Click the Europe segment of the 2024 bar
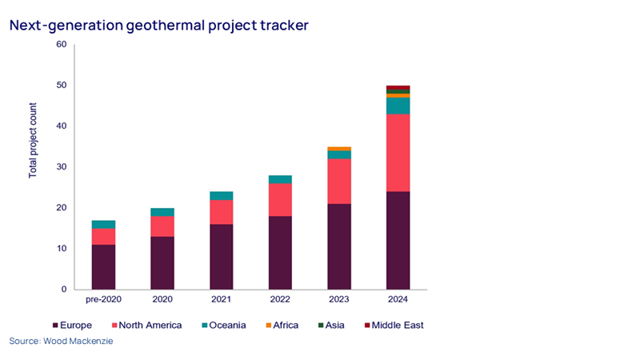click(x=398, y=240)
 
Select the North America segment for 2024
click(x=398, y=153)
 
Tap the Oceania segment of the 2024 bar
click(x=398, y=106)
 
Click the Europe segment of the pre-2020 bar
click(x=103, y=266)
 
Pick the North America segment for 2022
click(x=280, y=199)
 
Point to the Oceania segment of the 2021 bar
click(x=221, y=195)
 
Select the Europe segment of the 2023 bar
click(x=338, y=246)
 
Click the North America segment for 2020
click(x=162, y=226)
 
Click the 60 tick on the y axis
click(x=62, y=44)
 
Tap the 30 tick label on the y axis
click(x=62, y=166)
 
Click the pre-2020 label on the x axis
click(x=103, y=300)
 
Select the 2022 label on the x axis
click(x=280, y=300)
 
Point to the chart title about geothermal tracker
click(x=158, y=26)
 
